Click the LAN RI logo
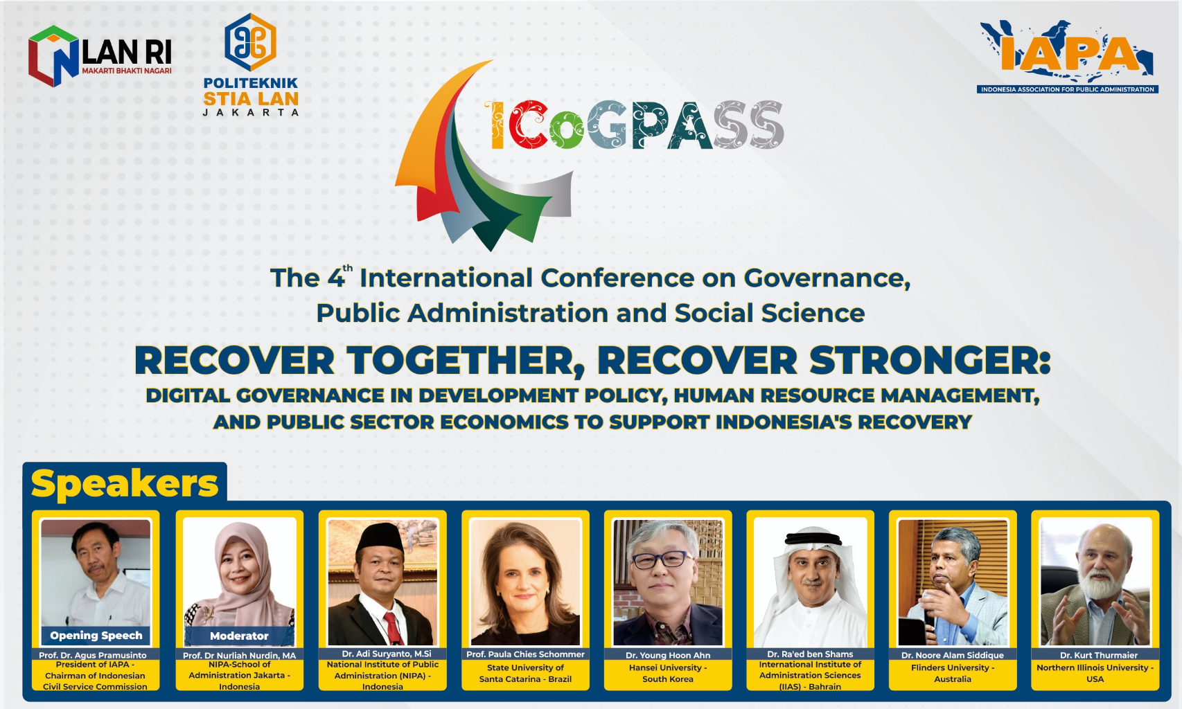100,56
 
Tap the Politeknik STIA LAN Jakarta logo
251,64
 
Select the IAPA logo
1067,57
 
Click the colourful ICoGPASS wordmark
633,125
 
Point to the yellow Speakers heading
125,483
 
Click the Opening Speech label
96,635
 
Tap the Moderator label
239,636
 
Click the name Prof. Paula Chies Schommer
525,654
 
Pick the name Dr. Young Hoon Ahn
667,655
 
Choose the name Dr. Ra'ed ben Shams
810,654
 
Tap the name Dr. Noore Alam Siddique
953,655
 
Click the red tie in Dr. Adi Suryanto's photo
394,629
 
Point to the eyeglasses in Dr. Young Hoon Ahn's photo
662,559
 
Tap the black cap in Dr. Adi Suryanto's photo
380,537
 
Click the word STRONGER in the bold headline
930,361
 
